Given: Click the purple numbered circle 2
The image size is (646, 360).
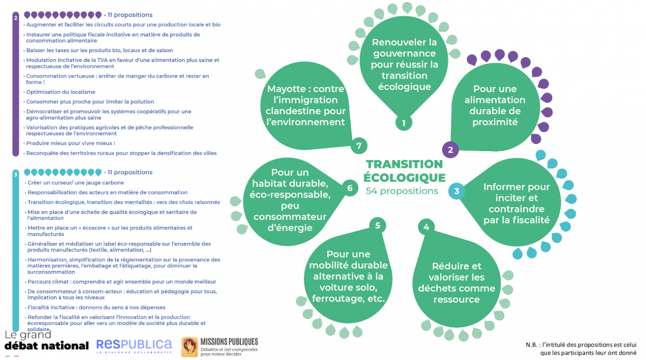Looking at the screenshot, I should [450, 150].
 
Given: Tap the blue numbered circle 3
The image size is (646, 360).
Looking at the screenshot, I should [457, 191].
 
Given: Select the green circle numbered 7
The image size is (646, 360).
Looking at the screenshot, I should [359, 146].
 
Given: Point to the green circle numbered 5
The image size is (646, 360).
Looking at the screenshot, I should [377, 225].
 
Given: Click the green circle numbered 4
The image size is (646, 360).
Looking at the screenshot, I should [426, 227].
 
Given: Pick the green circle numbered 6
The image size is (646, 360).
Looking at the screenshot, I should [350, 188].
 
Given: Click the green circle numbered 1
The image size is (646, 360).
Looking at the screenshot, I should [404, 123].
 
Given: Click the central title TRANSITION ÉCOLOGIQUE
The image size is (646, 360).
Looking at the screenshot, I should [404, 171].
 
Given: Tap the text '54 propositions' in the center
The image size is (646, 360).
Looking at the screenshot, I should [402, 191].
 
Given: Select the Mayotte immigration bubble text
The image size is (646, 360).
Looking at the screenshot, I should [306, 106].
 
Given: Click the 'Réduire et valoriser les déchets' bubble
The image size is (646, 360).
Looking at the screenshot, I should [457, 282].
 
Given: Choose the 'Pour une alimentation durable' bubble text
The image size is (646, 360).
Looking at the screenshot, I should [495, 106].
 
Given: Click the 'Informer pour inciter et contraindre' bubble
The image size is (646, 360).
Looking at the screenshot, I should [516, 203].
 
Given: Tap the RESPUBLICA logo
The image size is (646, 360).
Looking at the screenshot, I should [134, 345].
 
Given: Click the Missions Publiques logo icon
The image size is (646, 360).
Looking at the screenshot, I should [189, 347].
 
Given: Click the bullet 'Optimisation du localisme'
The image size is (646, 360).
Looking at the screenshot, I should [61, 92].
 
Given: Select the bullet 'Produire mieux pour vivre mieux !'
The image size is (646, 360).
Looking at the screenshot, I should [71, 143].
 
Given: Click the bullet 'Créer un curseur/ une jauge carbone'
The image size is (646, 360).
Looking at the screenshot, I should [75, 183].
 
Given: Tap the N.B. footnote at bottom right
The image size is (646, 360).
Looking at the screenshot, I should [581, 349].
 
